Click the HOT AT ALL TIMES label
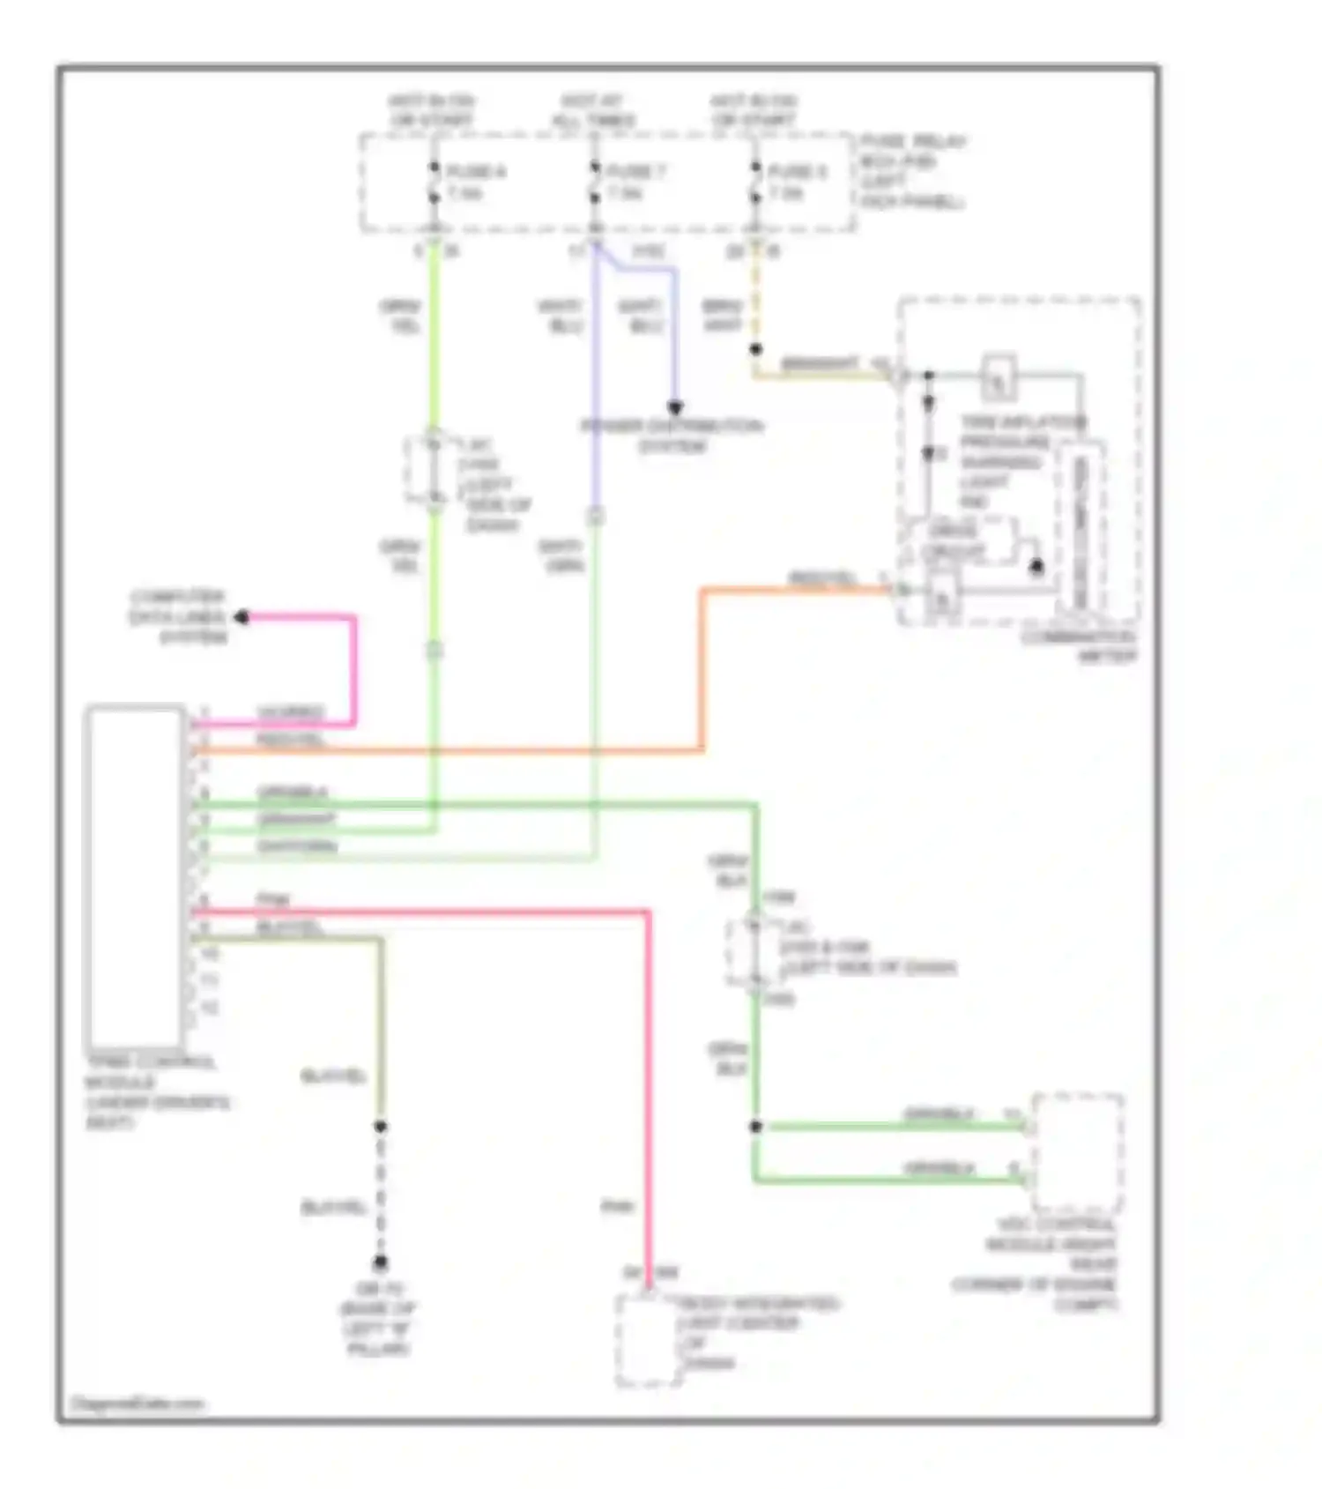coord(593,111)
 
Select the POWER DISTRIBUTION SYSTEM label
coord(672,436)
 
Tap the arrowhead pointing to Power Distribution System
coord(674,408)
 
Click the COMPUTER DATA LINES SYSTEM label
coord(178,616)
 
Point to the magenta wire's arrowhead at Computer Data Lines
coord(241,617)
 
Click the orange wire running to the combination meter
coord(702,670)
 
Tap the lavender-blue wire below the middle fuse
coord(596,379)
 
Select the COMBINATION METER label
coord(1080,647)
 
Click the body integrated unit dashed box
coord(648,1340)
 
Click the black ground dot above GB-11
coord(381,1262)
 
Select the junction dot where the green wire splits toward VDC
coord(755,1127)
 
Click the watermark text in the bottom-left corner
coord(137,1403)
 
